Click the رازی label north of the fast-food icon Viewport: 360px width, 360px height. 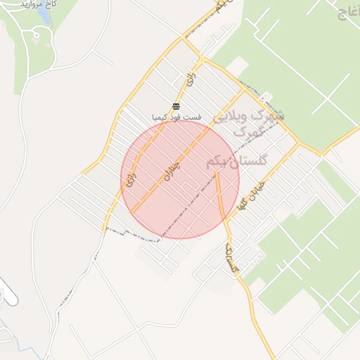[x=190, y=79]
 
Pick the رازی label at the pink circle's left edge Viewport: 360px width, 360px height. [x=129, y=179]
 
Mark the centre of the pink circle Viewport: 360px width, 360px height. [x=180, y=179]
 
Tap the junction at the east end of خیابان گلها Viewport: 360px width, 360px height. [x=298, y=143]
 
